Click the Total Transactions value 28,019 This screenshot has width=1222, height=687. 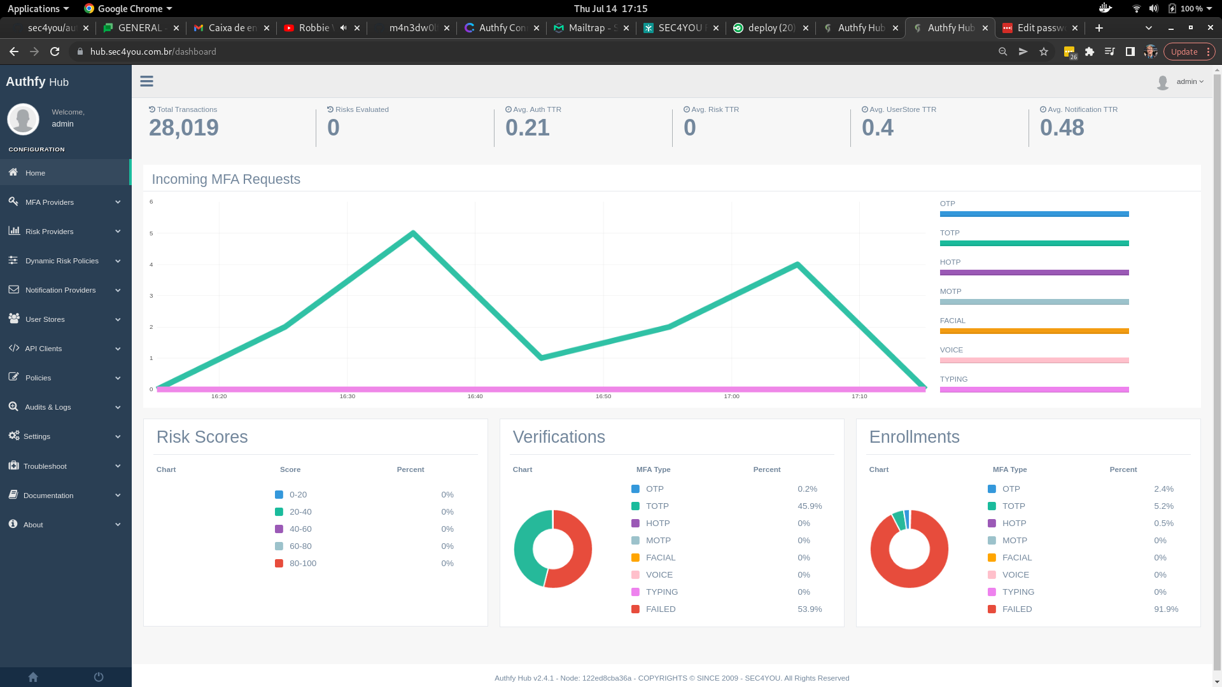(x=183, y=128)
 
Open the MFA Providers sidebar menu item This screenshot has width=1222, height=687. (x=50, y=202)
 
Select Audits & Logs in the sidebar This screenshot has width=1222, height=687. (x=48, y=407)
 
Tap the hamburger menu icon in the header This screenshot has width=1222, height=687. (x=146, y=81)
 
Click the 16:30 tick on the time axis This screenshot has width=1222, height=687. (x=347, y=396)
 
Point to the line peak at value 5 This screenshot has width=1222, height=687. (x=413, y=233)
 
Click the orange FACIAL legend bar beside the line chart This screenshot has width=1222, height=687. (x=1034, y=331)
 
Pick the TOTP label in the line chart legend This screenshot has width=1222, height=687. (x=950, y=233)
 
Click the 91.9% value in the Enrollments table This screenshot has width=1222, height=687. (x=1166, y=609)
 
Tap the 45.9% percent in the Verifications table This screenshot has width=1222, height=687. (x=810, y=506)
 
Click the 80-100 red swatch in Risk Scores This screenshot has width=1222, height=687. (x=279, y=564)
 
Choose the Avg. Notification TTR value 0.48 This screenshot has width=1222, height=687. (x=1062, y=128)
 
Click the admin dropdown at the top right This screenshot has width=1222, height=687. (x=1189, y=81)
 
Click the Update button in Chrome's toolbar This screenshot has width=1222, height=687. (x=1184, y=52)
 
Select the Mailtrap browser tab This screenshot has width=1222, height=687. (x=589, y=28)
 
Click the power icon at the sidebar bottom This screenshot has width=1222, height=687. (x=99, y=677)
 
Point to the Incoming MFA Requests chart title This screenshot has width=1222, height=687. (x=226, y=179)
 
